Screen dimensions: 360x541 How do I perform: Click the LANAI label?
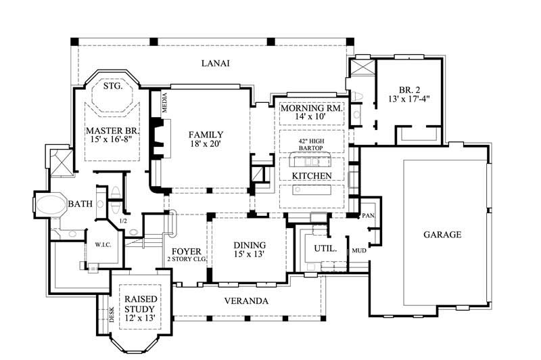pyautogui.click(x=216, y=64)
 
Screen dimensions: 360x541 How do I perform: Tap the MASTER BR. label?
pyautogui.click(x=112, y=130)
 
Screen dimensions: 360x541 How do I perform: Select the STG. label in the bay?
pyautogui.click(x=112, y=87)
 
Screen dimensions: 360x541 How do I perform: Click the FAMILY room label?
pyautogui.click(x=206, y=135)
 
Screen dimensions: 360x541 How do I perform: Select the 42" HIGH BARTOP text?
pyautogui.click(x=312, y=145)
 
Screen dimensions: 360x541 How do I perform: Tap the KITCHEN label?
pyautogui.click(x=312, y=176)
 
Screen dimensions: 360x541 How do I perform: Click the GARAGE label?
pyautogui.click(x=442, y=235)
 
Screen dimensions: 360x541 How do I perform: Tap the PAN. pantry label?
pyautogui.click(x=369, y=216)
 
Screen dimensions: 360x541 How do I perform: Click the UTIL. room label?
pyautogui.click(x=320, y=248)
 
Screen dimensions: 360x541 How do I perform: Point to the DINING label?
pyautogui.click(x=250, y=245)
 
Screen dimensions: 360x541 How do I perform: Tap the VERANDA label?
pyautogui.click(x=248, y=300)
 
